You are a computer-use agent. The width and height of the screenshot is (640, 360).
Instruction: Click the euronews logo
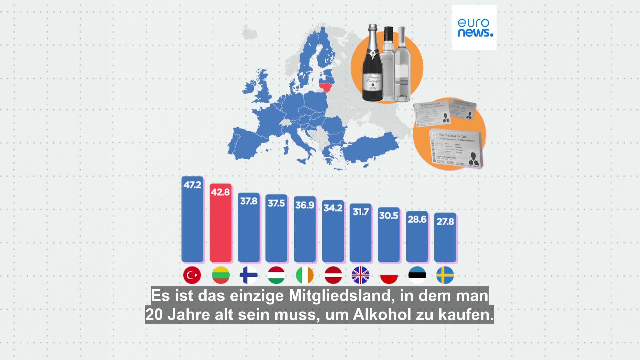coord(474,28)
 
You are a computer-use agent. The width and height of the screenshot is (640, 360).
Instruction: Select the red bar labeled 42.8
coord(220,227)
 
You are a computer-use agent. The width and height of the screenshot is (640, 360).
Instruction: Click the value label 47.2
coord(192,184)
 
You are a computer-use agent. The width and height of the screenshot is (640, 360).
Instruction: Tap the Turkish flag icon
coord(192,275)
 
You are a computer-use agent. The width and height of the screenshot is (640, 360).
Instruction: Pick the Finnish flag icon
coord(249,275)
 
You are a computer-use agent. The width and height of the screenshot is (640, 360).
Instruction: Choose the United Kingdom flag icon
coord(360,275)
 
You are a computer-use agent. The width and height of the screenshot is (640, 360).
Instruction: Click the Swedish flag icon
coord(445,275)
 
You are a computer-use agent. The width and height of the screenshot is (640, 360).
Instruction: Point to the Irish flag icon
coord(305,275)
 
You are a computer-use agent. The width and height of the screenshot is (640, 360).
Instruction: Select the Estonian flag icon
coord(417,275)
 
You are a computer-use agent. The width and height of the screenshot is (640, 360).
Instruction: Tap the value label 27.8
coord(445,221)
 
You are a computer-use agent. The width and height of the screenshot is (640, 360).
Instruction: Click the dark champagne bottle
coord(372,67)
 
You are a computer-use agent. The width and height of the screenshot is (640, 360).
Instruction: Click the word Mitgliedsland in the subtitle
coord(339,296)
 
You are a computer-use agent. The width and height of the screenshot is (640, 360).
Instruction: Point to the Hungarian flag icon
coord(276,275)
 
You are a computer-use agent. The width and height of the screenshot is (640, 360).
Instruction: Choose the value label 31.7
coord(361,212)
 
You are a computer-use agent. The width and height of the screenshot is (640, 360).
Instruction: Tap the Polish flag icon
coord(389,275)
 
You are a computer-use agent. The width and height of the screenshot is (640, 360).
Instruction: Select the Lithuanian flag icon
coord(221,275)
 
